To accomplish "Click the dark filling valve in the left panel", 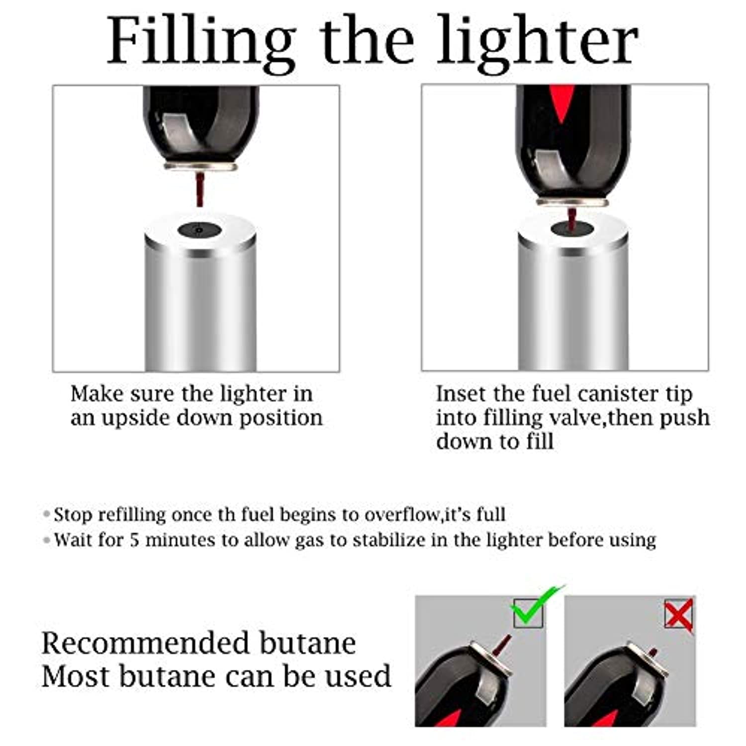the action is [199, 230].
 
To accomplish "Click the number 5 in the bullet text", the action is [134, 540].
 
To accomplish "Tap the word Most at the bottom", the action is [78, 676].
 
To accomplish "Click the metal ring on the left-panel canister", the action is [200, 167].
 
